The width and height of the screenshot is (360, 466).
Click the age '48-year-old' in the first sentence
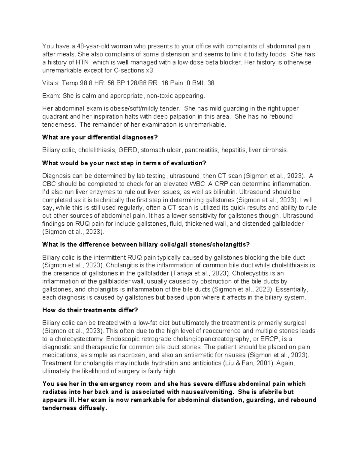coord(84,46)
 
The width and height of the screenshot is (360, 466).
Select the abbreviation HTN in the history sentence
coord(83,62)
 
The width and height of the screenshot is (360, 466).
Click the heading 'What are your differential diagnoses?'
coord(100,137)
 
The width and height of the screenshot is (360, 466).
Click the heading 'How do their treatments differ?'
coord(90,310)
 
